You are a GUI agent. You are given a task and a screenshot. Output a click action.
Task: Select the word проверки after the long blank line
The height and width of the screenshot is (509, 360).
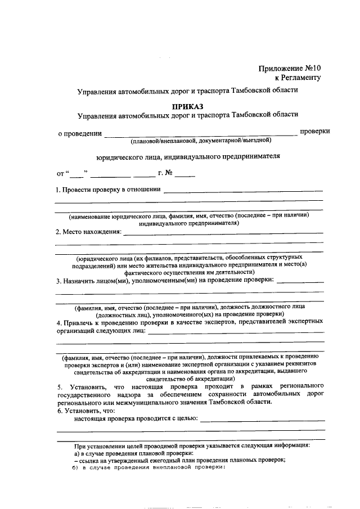tap(314, 132)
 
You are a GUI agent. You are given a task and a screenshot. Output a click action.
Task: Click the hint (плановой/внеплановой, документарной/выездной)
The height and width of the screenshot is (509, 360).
tap(201, 141)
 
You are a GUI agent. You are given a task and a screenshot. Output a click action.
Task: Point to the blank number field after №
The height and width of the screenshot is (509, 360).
tap(188, 175)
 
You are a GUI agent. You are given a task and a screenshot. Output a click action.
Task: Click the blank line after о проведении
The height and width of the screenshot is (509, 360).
tap(201, 134)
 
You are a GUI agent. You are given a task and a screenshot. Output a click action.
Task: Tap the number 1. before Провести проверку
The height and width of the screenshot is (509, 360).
tap(58, 190)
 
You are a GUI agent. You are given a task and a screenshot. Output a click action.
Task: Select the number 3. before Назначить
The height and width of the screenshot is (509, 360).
tap(58, 281)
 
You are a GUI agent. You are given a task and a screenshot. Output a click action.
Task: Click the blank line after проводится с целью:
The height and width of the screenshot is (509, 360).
tap(262, 420)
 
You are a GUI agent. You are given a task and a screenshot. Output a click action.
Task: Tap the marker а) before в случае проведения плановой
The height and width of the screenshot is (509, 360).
tap(76, 453)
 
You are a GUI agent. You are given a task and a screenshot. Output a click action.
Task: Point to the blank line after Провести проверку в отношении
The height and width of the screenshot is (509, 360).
tap(243, 192)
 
